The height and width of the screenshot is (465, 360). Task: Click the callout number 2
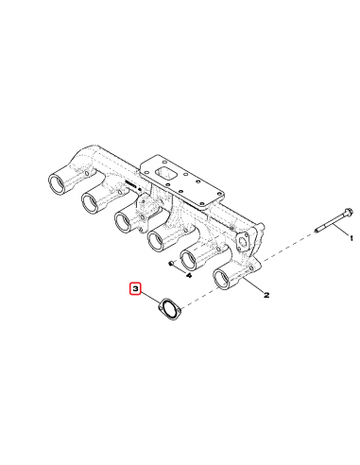coord(266,295)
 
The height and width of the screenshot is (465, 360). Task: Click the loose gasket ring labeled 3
coord(169,307)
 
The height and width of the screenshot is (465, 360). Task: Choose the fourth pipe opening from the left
coord(157,241)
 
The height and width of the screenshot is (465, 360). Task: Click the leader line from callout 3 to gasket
coord(151,297)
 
